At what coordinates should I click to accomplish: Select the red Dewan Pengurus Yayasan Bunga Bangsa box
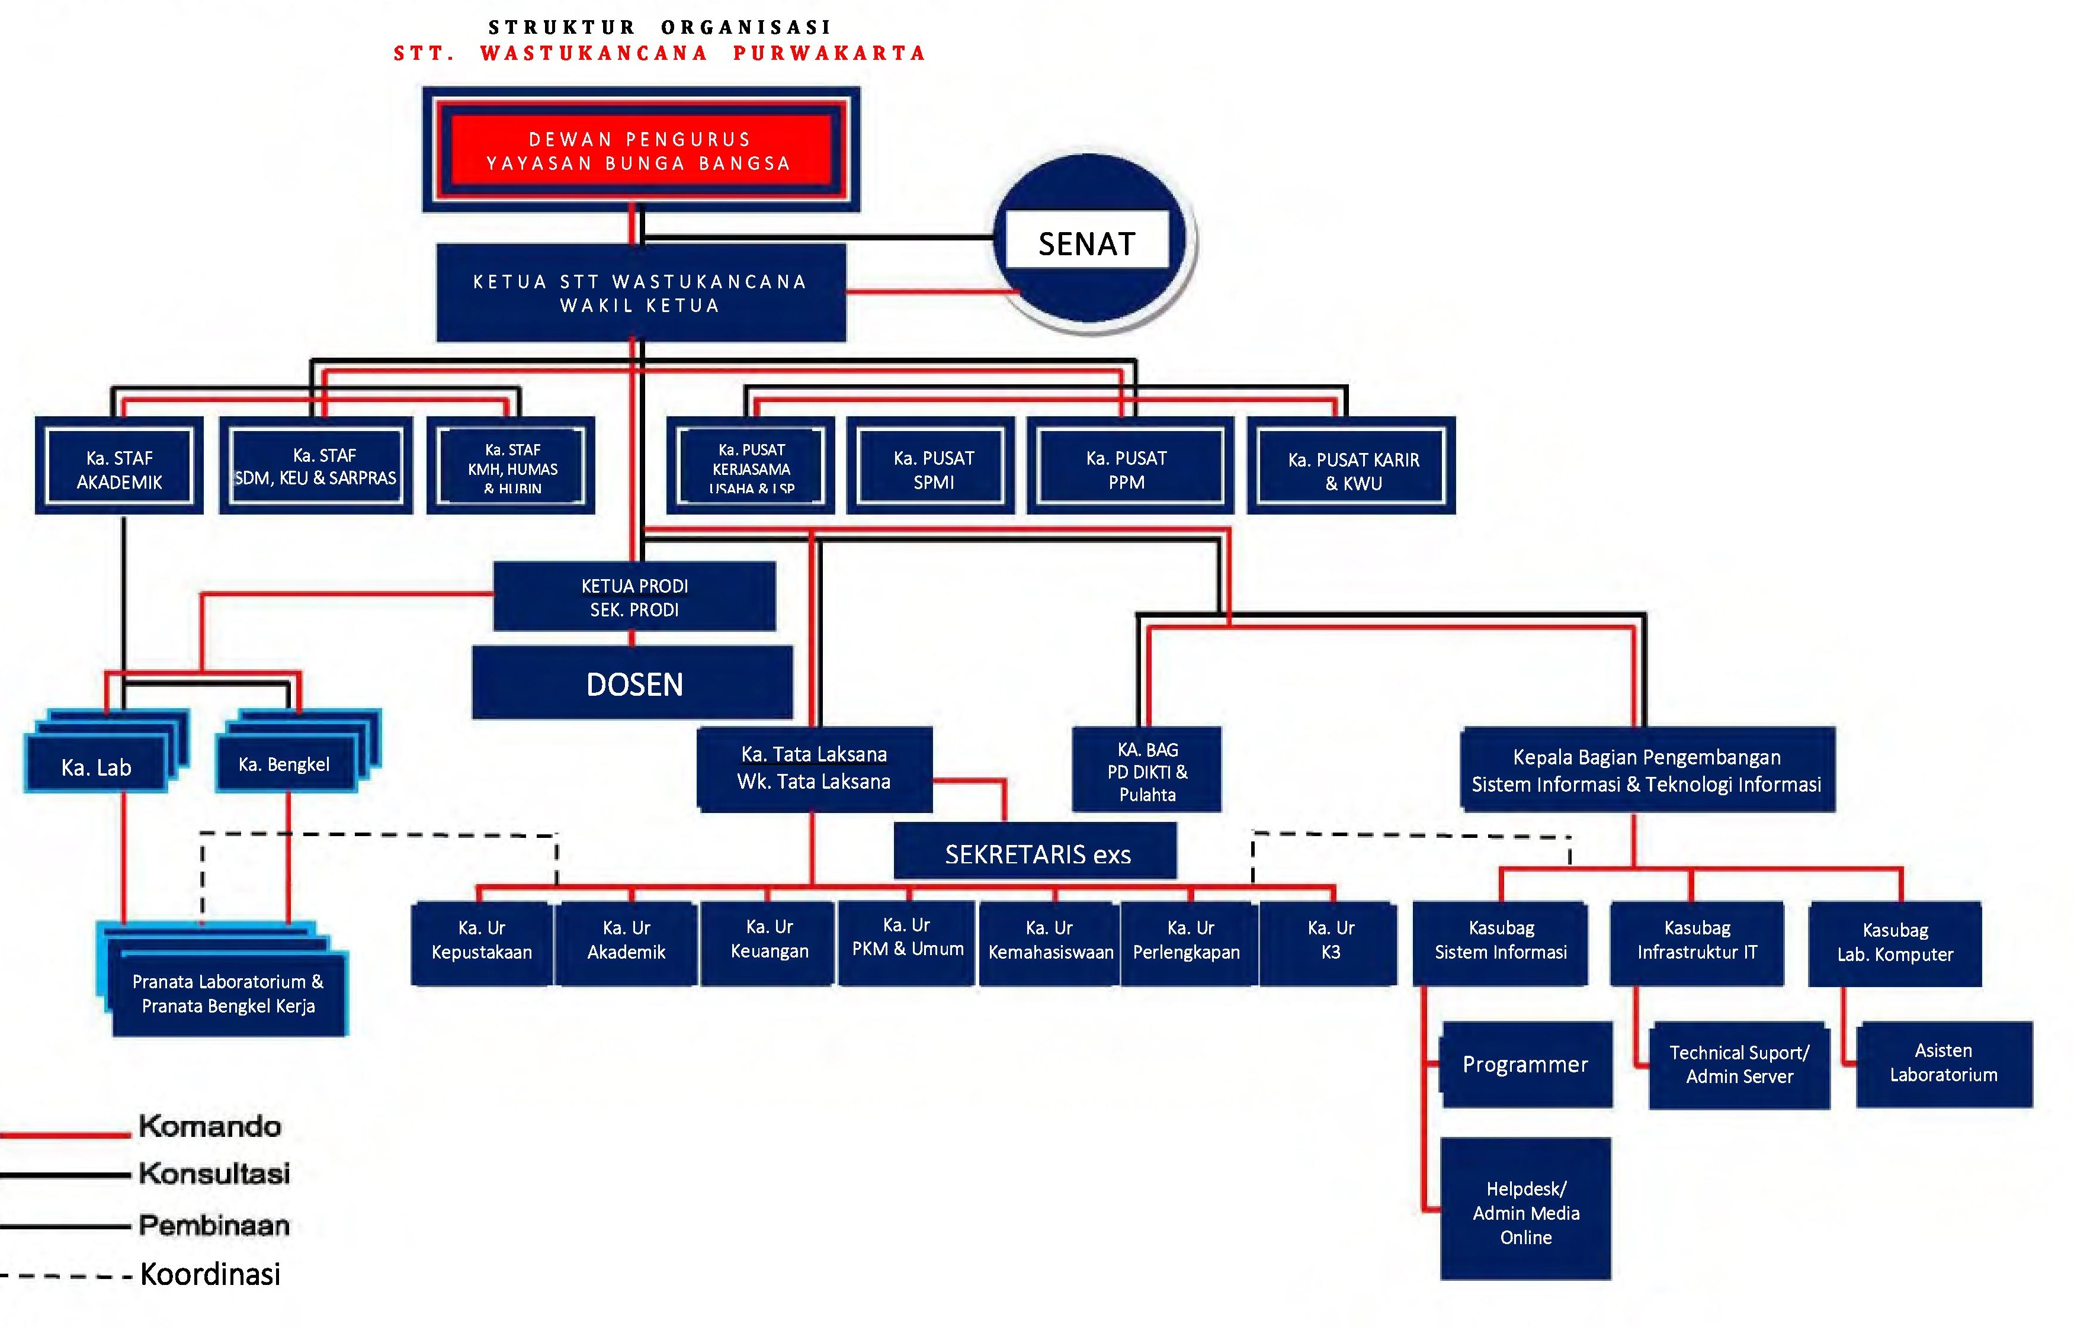pyautogui.click(x=640, y=151)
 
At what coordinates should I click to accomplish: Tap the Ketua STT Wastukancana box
pyautogui.click(x=640, y=293)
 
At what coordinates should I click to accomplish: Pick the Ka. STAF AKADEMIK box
pyautogui.click(x=119, y=470)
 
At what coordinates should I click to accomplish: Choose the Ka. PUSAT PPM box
pyautogui.click(x=1127, y=470)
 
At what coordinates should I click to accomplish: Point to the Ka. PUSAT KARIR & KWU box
pyautogui.click(x=1352, y=471)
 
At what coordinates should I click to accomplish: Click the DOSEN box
pyautogui.click(x=634, y=684)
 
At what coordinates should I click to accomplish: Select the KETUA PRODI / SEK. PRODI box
pyautogui.click(x=634, y=597)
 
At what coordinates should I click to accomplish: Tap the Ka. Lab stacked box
pyautogui.click(x=97, y=766)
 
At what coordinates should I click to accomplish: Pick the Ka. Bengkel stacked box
pyautogui.click(x=284, y=764)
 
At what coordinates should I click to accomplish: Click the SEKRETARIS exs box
pyautogui.click(x=1036, y=854)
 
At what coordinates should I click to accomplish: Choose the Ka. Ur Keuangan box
pyautogui.click(x=769, y=942)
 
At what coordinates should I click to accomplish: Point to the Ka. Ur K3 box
pyautogui.click(x=1330, y=942)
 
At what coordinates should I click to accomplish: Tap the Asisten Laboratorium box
pyautogui.click(x=1943, y=1063)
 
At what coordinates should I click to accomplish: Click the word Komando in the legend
pyautogui.click(x=210, y=1126)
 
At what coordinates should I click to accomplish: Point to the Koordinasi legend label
pyautogui.click(x=210, y=1274)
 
